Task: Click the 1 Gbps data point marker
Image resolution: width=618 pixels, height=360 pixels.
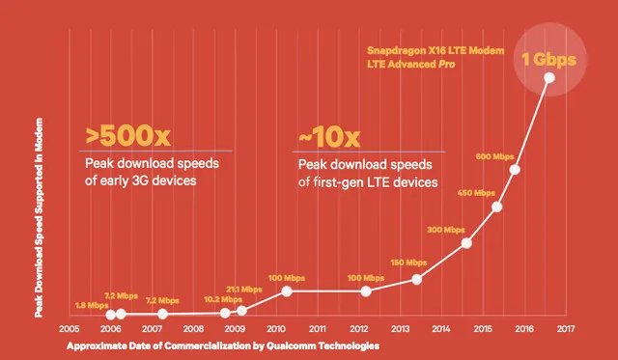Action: (549, 77)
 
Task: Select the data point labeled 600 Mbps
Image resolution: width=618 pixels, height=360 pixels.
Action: (515, 169)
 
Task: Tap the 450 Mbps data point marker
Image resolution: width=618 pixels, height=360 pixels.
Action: (497, 207)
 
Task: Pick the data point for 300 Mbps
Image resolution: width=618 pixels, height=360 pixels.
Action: (466, 243)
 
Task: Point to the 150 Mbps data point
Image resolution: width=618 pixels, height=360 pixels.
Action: (417, 279)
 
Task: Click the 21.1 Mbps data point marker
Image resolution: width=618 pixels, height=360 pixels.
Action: (241, 311)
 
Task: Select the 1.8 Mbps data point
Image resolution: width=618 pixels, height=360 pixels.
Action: (111, 315)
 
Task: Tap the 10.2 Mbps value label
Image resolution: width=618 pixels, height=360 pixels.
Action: (223, 300)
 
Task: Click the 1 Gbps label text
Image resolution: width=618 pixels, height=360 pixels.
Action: (549, 60)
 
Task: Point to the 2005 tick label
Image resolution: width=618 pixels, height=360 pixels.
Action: (70, 328)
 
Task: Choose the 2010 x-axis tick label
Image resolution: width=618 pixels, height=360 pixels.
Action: (276, 328)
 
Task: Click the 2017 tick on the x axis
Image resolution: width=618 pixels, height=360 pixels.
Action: (566, 328)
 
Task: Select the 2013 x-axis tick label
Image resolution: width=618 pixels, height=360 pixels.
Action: (400, 328)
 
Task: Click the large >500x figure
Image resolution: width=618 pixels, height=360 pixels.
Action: (128, 135)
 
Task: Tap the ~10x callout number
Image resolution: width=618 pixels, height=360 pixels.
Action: (329, 137)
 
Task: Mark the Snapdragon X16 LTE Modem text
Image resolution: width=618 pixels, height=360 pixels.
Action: (435, 51)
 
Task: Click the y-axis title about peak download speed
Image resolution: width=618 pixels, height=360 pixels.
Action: (39, 218)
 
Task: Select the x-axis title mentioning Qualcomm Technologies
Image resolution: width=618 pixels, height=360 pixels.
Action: (223, 346)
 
